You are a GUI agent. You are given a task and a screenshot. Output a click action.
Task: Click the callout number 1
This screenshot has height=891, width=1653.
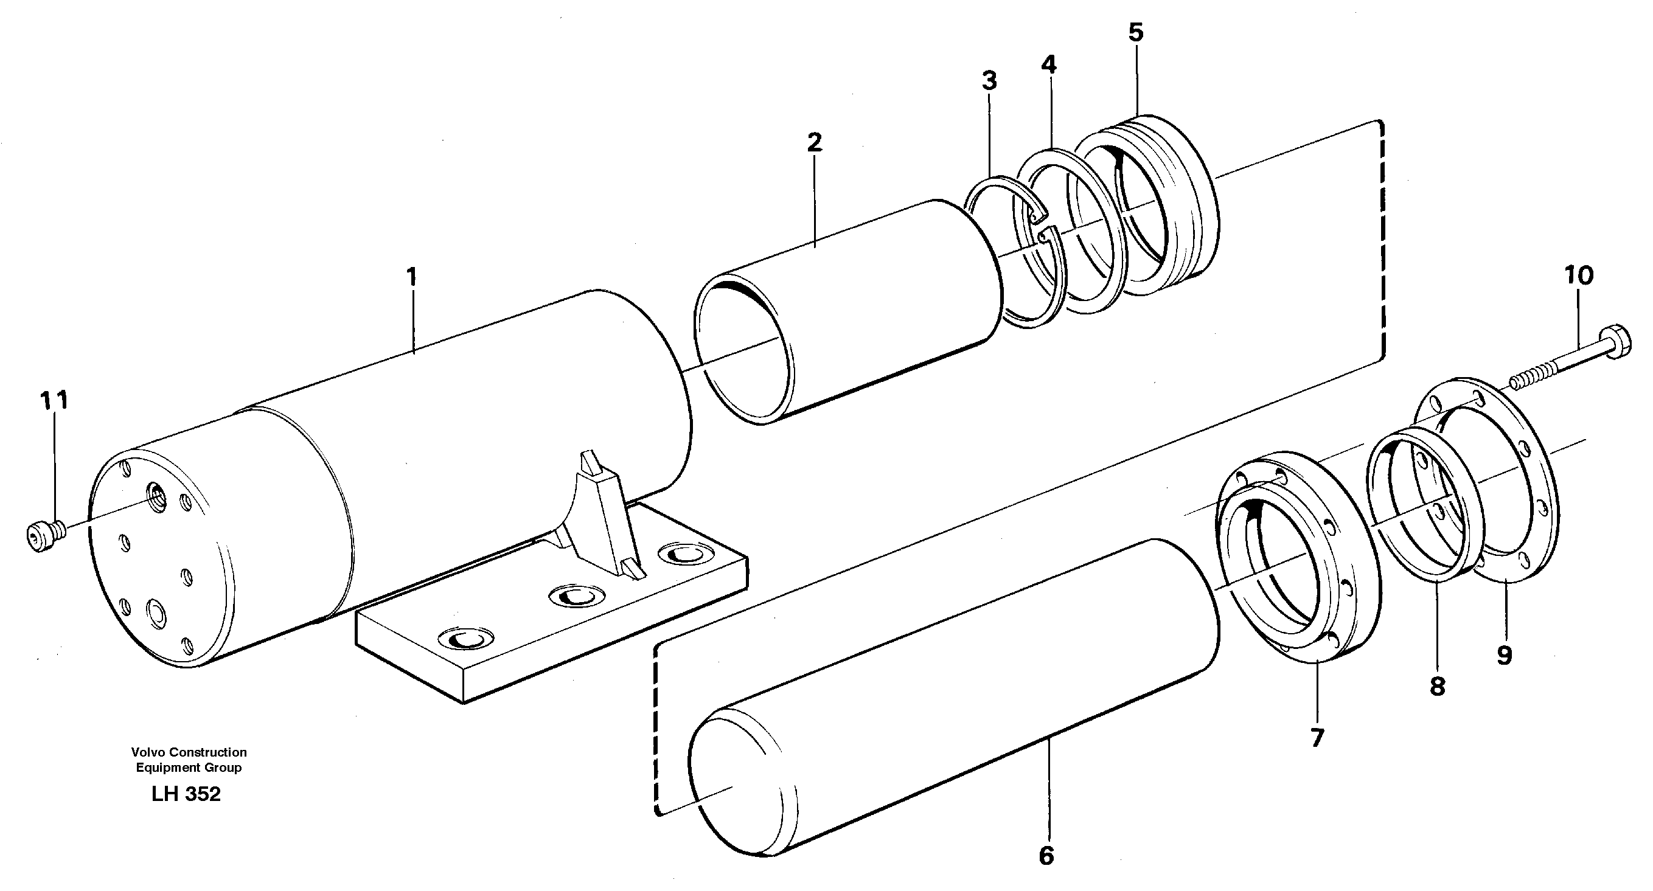(x=411, y=277)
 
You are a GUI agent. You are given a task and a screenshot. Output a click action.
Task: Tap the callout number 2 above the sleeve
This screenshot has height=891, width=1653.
(x=814, y=142)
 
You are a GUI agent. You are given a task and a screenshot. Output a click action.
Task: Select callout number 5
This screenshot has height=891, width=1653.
(x=1136, y=33)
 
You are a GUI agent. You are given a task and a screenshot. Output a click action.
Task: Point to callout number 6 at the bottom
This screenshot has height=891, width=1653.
(x=1046, y=856)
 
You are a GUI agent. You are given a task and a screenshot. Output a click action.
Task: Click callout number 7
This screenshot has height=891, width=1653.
(x=1317, y=738)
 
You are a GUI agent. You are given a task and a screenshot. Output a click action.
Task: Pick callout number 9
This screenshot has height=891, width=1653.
(x=1504, y=656)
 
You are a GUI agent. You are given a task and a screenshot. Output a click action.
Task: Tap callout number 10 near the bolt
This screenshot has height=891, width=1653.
(x=1579, y=276)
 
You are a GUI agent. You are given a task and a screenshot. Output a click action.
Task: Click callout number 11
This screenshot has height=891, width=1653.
(x=54, y=401)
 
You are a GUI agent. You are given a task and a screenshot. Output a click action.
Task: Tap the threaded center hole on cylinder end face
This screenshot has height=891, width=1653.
(x=156, y=494)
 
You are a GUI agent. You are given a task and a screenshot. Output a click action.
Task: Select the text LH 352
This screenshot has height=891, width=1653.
(x=186, y=794)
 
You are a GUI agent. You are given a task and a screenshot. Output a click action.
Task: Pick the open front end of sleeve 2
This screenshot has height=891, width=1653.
(x=744, y=353)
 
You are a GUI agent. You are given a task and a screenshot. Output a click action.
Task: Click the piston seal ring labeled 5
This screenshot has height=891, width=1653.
(x=1142, y=206)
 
